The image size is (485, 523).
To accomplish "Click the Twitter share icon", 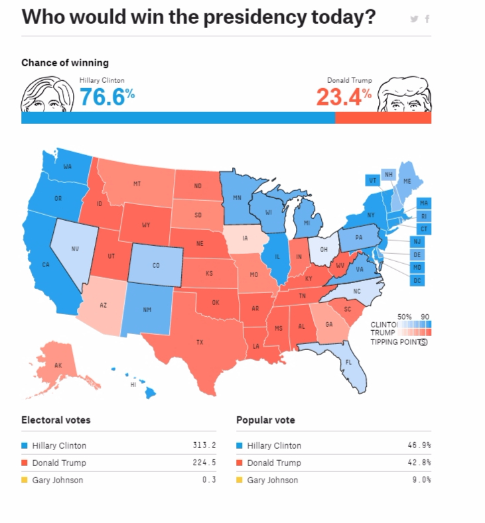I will tap(415, 19).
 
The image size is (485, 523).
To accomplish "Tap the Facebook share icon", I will tap(427, 19).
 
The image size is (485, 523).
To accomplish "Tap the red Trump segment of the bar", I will tap(383, 118).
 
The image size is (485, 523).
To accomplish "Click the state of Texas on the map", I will tap(199, 343).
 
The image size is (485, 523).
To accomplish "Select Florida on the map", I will tap(349, 363).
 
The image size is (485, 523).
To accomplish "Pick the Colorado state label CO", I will tap(156, 265).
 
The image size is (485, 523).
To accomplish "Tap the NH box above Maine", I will tap(389, 175).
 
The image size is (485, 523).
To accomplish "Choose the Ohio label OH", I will tap(324, 250).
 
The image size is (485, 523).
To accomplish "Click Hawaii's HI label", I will tap(133, 384).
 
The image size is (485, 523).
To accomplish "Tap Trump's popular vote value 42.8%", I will tap(419, 463).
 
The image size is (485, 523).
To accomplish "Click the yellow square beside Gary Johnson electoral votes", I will tap(25, 480).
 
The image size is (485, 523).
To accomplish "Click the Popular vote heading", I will tap(265, 420).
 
